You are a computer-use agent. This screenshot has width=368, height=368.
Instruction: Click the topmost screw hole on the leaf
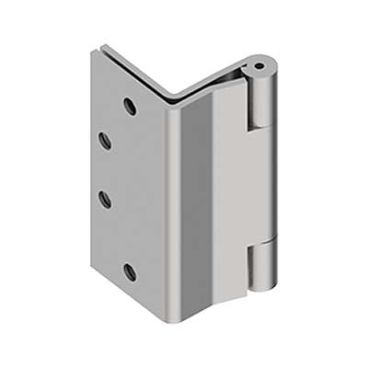click(x=130, y=106)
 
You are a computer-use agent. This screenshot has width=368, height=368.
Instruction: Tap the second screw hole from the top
click(x=104, y=141)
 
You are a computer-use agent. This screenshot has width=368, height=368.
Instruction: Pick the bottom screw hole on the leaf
click(x=130, y=271)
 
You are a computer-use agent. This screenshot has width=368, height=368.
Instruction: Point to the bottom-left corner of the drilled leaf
click(x=93, y=266)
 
